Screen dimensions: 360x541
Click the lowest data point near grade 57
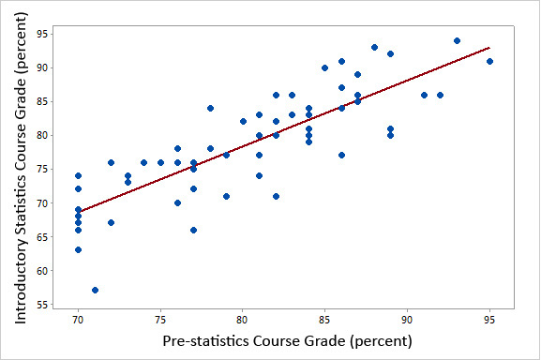click(95, 290)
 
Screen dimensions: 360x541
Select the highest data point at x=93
click(457, 41)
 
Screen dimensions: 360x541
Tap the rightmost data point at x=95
click(489, 61)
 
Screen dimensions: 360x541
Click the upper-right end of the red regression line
click(489, 48)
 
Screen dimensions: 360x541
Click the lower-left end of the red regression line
click(79, 212)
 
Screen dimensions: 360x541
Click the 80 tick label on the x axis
click(243, 320)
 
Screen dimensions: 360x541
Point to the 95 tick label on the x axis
click(489, 320)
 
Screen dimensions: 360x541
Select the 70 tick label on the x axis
click(79, 320)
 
